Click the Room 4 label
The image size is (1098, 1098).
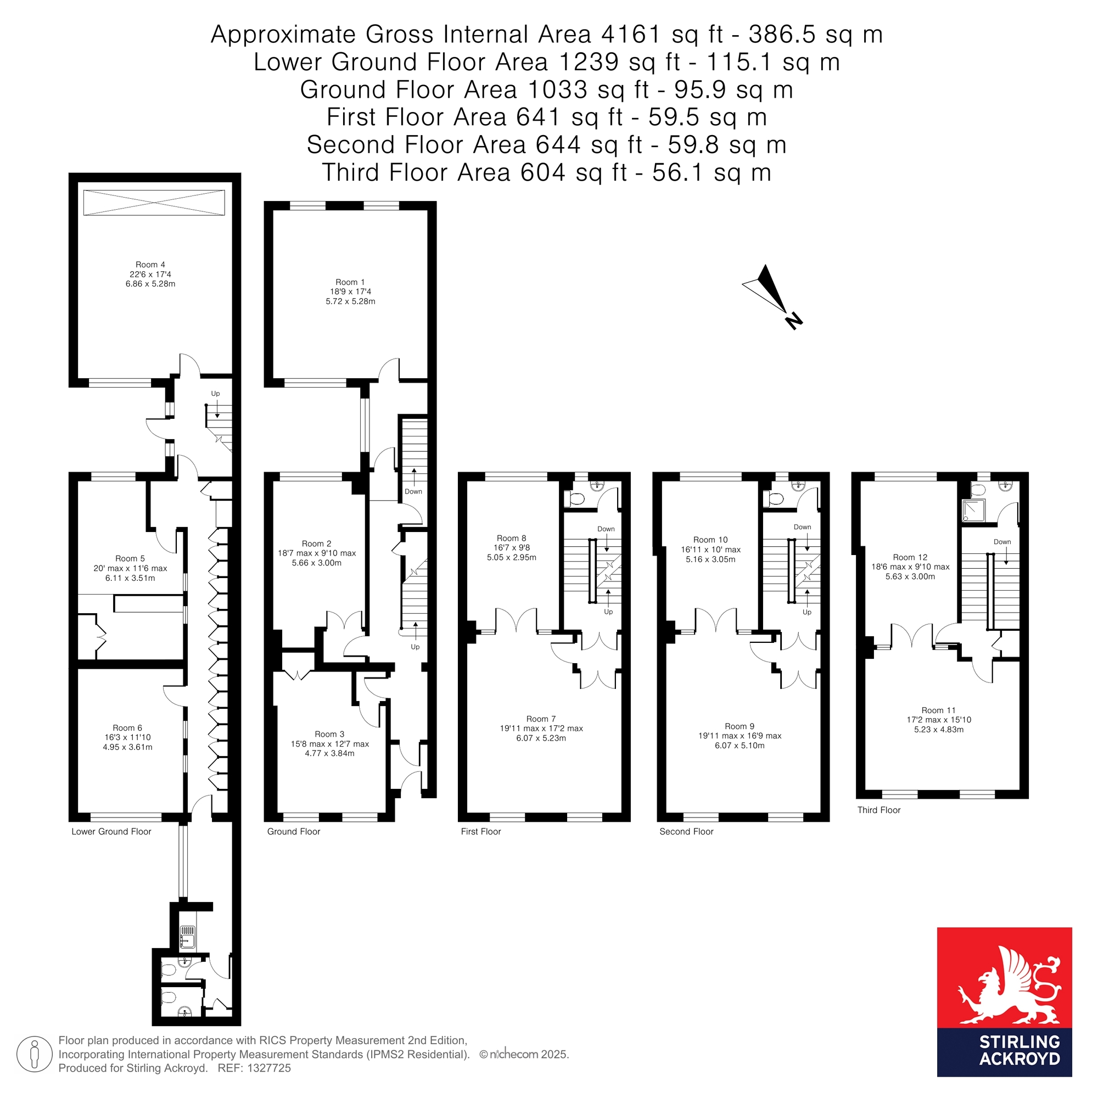point(150,264)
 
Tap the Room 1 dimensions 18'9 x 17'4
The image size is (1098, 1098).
point(351,292)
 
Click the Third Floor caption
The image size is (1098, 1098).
point(878,810)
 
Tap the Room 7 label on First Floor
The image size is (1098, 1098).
point(541,719)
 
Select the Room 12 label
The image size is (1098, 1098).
point(910,558)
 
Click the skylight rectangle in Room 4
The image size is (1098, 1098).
point(154,203)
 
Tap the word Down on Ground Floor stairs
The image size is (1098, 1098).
point(413,491)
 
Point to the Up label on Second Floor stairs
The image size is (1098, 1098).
point(807,612)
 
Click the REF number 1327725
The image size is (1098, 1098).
point(269,1068)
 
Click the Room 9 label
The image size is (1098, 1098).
point(740,726)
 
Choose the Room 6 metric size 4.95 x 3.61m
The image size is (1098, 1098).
point(127,747)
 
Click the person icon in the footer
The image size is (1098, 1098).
point(35,1054)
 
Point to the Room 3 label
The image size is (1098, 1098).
point(329,734)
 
